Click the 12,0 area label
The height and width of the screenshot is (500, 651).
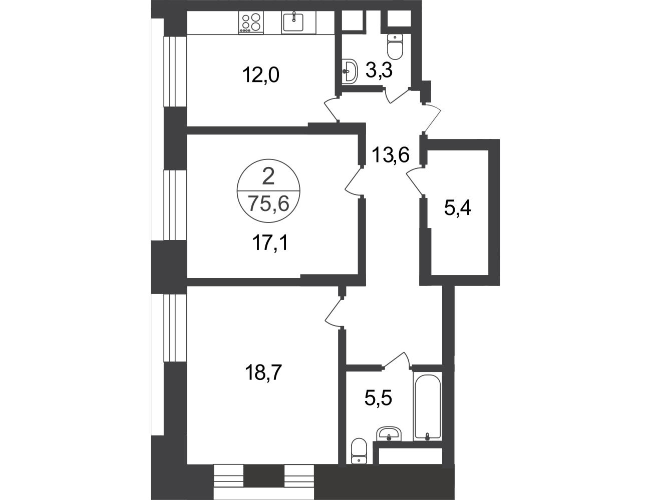click(x=260, y=75)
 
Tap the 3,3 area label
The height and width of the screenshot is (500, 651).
click(x=379, y=71)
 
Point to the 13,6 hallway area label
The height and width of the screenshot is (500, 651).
click(x=391, y=155)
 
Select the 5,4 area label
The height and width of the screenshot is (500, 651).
click(x=458, y=208)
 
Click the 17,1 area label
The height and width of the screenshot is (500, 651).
click(x=270, y=242)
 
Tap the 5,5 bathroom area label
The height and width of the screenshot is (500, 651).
click(x=378, y=397)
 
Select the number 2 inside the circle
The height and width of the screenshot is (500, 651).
click(x=268, y=176)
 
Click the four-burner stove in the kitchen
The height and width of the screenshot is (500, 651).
click(x=251, y=22)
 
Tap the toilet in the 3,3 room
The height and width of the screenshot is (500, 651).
click(x=395, y=46)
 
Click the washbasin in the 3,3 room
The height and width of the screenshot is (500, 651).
click(x=350, y=71)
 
